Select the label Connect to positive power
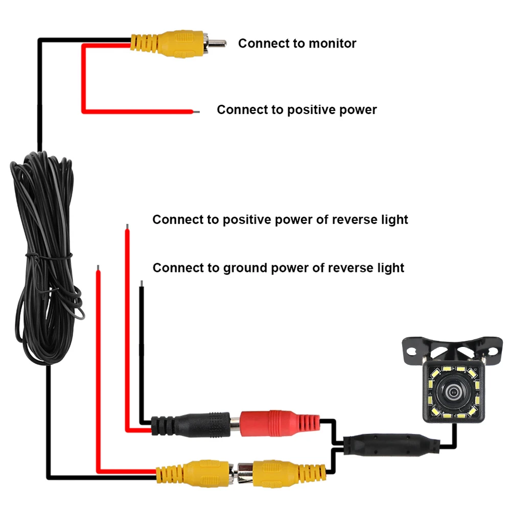pyautogui.click(x=296, y=110)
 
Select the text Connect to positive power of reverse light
pyautogui.click(x=280, y=220)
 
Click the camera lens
pyautogui.click(x=453, y=393)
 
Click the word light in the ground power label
pyautogui.click(x=391, y=268)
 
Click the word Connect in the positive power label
pyautogui.click(x=240, y=110)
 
